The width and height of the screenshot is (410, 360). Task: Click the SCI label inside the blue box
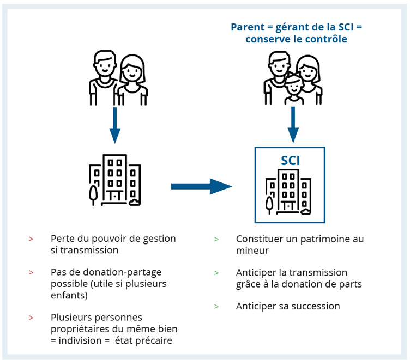(290, 161)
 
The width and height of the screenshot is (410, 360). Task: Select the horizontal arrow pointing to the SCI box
(202, 186)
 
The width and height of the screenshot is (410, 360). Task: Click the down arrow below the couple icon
(115, 125)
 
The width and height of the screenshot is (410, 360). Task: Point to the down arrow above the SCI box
(293, 125)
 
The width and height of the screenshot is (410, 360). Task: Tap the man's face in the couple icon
(105, 65)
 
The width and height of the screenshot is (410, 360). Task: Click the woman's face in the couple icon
(132, 71)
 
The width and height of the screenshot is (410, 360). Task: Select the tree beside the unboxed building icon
(93, 194)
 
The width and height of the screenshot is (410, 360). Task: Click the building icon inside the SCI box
(288, 192)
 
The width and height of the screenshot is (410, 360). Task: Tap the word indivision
(80, 340)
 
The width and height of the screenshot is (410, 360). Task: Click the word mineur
(252, 251)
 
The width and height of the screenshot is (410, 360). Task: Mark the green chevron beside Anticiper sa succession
(216, 307)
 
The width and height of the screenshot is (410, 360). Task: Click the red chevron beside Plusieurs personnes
(31, 318)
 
